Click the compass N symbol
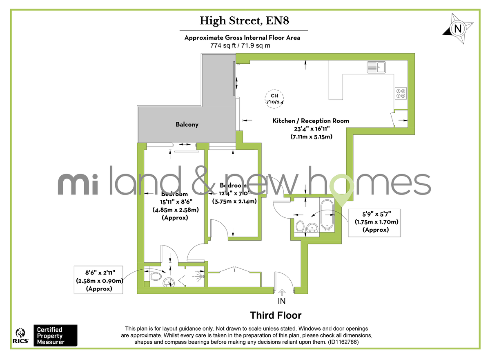coord(458,29)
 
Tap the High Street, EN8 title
coord(244,20)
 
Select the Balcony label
coord(187,124)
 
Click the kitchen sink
coord(376,67)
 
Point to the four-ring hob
coord(401,94)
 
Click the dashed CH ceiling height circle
coord(274,98)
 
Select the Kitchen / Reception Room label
coord(311,121)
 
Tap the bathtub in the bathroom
coord(327,215)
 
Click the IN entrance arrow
coord(282,292)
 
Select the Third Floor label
coord(276,315)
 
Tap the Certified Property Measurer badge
coord(54,335)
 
